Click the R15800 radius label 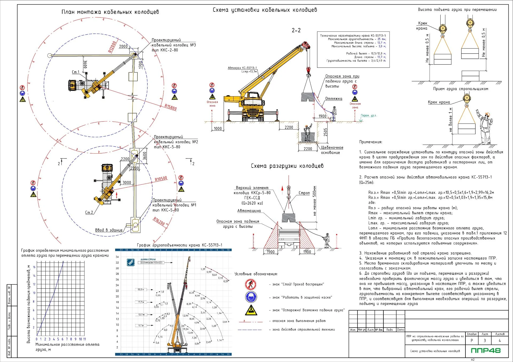[170, 107]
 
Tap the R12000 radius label [112, 47]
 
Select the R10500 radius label [161, 179]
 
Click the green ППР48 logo [485, 350]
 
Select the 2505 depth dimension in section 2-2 [325, 132]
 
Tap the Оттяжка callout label [333, 99]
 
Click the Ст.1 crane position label [76, 72]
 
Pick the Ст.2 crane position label [89, 212]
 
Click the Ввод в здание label [109, 230]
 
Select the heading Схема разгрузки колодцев [287, 166]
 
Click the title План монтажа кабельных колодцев [110, 12]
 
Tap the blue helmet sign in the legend [251, 297]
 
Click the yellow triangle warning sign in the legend [251, 310]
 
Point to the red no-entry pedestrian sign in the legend [251, 284]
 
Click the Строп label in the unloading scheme [304, 193]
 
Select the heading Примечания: [371, 142]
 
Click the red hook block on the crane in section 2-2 [308, 70]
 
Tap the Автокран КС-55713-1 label [242, 68]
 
